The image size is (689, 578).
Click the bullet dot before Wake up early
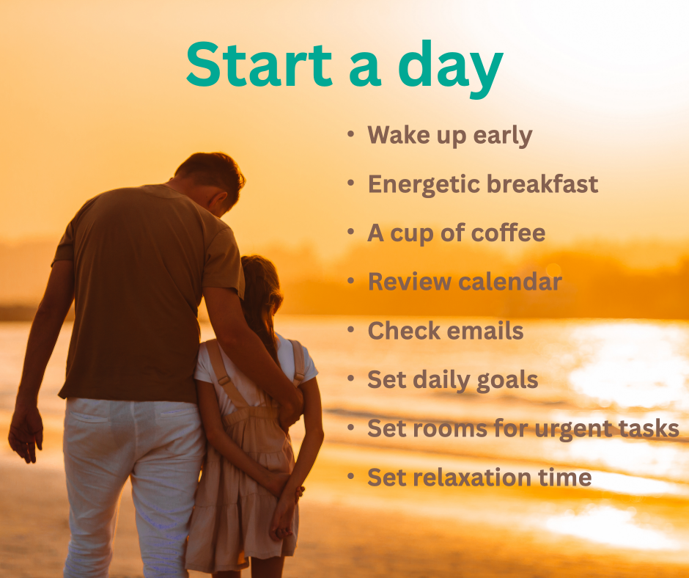pyautogui.click(x=351, y=134)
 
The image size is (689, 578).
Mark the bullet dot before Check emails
pyautogui.click(x=351, y=329)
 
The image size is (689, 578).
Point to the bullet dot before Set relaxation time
pyautogui.click(x=351, y=477)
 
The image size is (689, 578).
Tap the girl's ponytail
pyautogui.click(x=259, y=301)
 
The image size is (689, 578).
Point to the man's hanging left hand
pyautogui.click(x=25, y=436)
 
